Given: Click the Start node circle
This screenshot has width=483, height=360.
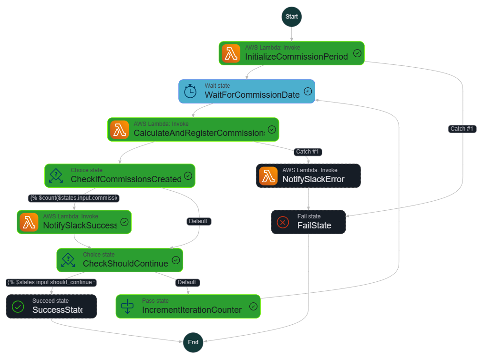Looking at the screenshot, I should tap(291, 17).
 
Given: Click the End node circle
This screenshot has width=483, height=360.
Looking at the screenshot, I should tap(193, 342).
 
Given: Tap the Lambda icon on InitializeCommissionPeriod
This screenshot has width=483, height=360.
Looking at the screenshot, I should tap(231, 53).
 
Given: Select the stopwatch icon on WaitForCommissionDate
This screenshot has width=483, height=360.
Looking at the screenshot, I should tap(190, 91).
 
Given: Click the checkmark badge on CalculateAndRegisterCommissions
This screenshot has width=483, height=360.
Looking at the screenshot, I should tap(272, 129).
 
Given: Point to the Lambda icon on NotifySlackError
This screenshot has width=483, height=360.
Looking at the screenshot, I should tap(268, 176).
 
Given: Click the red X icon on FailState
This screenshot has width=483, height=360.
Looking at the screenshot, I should tap(283, 222).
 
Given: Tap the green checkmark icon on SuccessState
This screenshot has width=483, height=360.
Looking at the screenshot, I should tap(18, 307).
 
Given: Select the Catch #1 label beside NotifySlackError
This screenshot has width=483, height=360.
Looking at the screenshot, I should tap(308, 152).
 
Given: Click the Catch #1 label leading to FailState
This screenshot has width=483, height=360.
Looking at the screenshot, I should tap(462, 129).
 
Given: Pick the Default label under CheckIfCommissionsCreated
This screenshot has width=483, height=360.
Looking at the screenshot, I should tap(198, 221).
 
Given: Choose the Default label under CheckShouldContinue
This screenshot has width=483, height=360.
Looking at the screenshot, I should tap(186, 282).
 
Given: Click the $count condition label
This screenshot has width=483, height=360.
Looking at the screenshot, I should tap(73, 198).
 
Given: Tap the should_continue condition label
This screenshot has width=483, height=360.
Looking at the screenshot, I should tap(51, 282).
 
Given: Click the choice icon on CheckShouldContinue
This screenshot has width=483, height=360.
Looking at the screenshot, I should tap(69, 260).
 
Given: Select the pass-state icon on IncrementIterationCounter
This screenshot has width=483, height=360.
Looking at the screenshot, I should tap(128, 306).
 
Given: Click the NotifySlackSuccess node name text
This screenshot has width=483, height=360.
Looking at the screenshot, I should tap(80, 226).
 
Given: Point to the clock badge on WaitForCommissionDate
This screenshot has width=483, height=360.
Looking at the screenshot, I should tap(308, 91).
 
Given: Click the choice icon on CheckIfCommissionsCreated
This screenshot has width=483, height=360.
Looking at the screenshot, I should tap(56, 175).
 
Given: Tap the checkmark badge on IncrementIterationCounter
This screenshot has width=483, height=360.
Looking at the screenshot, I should tap(253, 306).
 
